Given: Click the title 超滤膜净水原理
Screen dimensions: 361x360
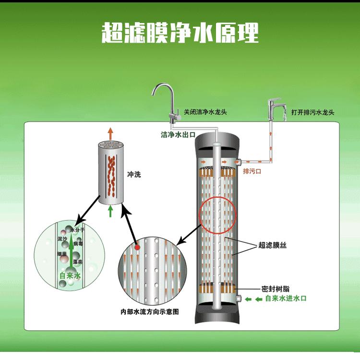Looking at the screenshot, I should (180, 33).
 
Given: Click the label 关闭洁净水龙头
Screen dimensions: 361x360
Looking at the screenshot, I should (204, 112).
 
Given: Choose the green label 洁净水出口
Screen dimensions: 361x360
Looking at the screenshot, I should (177, 135).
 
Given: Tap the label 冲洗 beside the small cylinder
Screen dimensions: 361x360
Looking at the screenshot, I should (134, 175).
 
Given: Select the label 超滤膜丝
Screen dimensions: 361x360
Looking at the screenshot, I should (272, 245).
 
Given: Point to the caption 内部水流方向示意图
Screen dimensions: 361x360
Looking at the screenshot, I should (150, 311).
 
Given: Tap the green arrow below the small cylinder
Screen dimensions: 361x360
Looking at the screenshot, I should (110, 210).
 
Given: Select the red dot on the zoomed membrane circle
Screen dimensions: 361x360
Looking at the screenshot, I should (137, 247).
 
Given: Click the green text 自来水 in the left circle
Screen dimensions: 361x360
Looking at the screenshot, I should (71, 276).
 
